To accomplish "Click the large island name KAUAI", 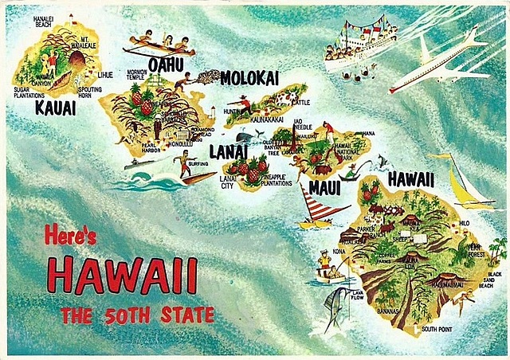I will tap(55, 108).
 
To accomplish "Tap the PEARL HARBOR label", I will tap(150, 149).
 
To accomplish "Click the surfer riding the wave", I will tap(184, 163).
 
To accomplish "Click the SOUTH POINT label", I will tap(437, 328).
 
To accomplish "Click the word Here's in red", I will tap(70, 235).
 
